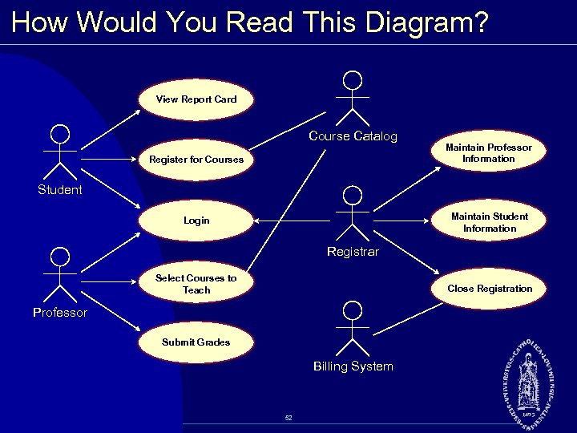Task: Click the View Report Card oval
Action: [x=196, y=99]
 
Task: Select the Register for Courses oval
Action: [x=196, y=159]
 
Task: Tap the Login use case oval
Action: [x=196, y=221]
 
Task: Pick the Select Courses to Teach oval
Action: [x=196, y=284]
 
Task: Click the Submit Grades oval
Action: [x=196, y=342]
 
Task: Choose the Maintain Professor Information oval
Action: [x=489, y=153]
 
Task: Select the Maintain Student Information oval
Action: [x=489, y=222]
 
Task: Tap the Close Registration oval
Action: [x=489, y=289]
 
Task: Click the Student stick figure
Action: [x=60, y=152]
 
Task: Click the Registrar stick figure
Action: [x=353, y=213]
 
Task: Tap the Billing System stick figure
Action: [x=353, y=329]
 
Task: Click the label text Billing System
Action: [x=353, y=366]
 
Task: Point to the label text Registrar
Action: [x=353, y=252]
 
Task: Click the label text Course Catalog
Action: [x=353, y=136]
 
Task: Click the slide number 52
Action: [x=288, y=418]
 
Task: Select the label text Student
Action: [x=60, y=190]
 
